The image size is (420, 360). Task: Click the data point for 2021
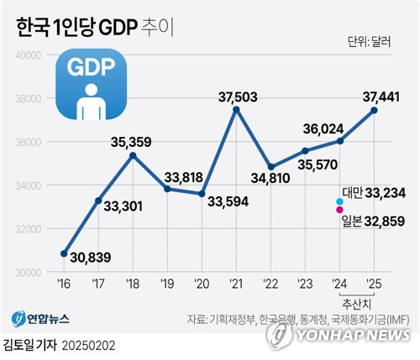pyautogui.click(x=236, y=109)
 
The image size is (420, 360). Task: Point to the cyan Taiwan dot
pyautogui.click(x=339, y=201)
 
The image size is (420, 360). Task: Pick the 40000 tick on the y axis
pyautogui.click(x=29, y=55)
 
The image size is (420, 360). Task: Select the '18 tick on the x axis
pyautogui.click(x=133, y=283)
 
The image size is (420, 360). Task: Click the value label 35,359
pyautogui.click(x=131, y=142)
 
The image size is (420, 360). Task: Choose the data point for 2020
pyautogui.click(x=202, y=194)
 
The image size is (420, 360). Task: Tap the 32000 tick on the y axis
pyautogui.click(x=29, y=229)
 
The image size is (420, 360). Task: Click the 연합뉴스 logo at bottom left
pyautogui.click(x=40, y=320)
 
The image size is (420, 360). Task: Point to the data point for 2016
pyautogui.click(x=64, y=253)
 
